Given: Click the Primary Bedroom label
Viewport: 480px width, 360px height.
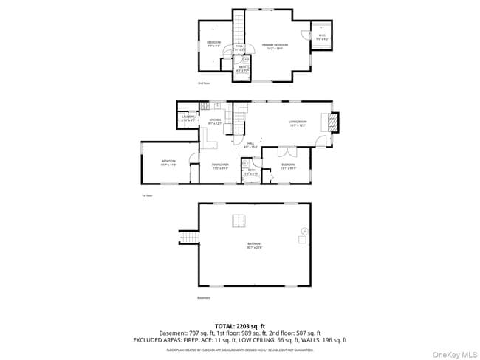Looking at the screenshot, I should point(275,46).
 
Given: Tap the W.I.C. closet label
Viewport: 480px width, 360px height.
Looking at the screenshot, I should point(322,37).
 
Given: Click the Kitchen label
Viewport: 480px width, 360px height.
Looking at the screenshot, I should point(215,121).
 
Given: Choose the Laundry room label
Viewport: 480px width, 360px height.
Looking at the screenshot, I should point(188,118).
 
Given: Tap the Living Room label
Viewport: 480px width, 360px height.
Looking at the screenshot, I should point(298,124).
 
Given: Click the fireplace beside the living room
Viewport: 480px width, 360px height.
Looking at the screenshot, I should point(333,121).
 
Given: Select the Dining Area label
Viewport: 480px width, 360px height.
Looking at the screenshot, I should point(220,167).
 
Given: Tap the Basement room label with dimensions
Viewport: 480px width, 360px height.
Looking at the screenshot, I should point(255,246).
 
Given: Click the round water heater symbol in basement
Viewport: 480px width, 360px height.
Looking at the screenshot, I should point(303,230).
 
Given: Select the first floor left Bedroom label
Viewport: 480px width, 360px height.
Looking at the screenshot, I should point(169,162).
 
